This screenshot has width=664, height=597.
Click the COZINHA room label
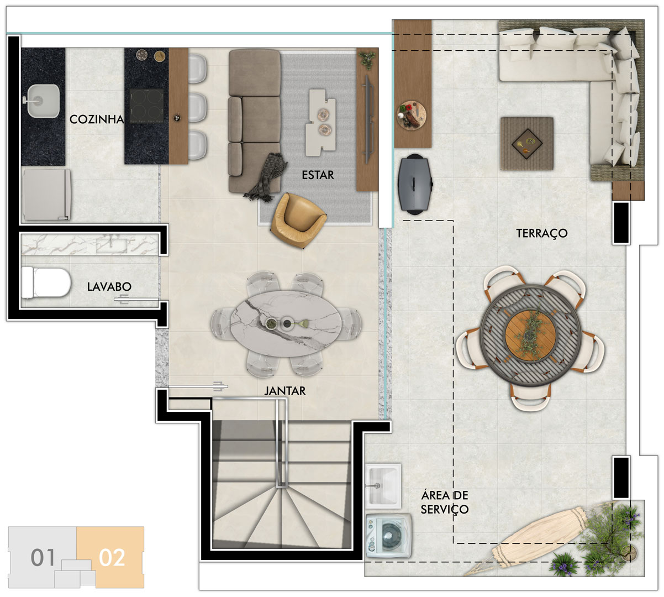(97, 119)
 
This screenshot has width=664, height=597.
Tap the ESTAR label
(318, 175)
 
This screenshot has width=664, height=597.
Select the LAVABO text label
(109, 287)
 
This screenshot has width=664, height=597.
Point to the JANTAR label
(285, 391)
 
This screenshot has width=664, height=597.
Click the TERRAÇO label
(542, 233)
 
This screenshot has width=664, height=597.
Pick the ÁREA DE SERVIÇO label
(444, 502)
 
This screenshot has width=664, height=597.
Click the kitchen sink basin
(43, 101)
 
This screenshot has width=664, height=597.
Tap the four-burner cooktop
(146, 106)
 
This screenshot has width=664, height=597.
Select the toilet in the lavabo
(46, 282)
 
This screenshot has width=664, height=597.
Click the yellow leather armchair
(298, 220)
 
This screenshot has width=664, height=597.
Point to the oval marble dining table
(286, 323)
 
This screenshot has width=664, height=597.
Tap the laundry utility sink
(383, 486)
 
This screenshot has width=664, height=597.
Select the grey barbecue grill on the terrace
(415, 184)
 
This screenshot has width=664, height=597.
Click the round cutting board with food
(412, 115)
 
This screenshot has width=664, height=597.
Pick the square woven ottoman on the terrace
(527, 144)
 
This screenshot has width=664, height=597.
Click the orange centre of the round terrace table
(531, 335)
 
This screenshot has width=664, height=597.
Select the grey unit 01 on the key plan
(43, 557)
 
